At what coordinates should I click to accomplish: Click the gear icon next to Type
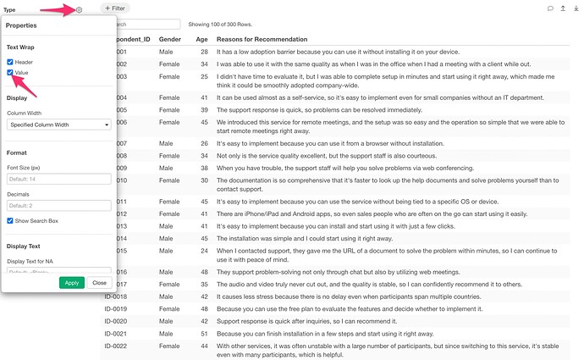pyautogui.click(x=79, y=10)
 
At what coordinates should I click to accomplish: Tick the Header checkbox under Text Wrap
pyautogui.click(x=10, y=62)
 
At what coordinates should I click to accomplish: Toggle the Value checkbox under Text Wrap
pyautogui.click(x=10, y=74)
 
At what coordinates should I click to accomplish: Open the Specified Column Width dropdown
pyautogui.click(x=59, y=125)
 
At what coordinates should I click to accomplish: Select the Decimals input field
pyautogui.click(x=59, y=205)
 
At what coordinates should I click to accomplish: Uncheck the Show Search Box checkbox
pyautogui.click(x=10, y=220)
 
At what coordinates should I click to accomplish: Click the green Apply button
pyautogui.click(x=72, y=282)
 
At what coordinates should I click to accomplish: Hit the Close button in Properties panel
pyautogui.click(x=99, y=282)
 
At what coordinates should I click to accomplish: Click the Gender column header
pyautogui.click(x=170, y=40)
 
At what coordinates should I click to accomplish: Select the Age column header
pyautogui.click(x=202, y=40)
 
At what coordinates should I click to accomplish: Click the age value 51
pyautogui.click(x=204, y=334)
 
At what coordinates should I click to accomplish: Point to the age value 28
pyautogui.click(x=204, y=53)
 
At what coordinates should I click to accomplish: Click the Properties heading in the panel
pyautogui.click(x=21, y=25)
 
